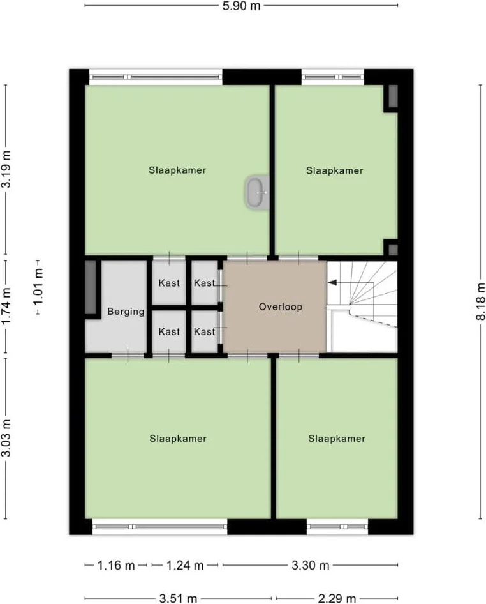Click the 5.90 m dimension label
[x=241, y=6]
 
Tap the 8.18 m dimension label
[x=481, y=301]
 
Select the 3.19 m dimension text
[x=6, y=169]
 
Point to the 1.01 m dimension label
[x=38, y=287]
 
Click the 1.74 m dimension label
[x=6, y=306]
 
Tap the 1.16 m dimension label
[x=116, y=566]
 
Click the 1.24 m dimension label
[x=185, y=566]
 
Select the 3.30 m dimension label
[x=311, y=566]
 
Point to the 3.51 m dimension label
[x=178, y=599]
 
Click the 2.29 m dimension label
[x=337, y=599]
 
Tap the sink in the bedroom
[x=256, y=193]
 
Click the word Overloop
[x=281, y=307]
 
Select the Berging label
[x=126, y=311]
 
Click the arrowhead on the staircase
[x=332, y=283]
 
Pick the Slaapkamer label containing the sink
[x=177, y=170]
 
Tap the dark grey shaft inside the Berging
[x=91, y=287]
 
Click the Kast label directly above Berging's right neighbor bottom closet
[x=169, y=283]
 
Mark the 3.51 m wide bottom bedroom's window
[x=159, y=527]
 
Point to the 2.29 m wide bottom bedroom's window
[x=337, y=527]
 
